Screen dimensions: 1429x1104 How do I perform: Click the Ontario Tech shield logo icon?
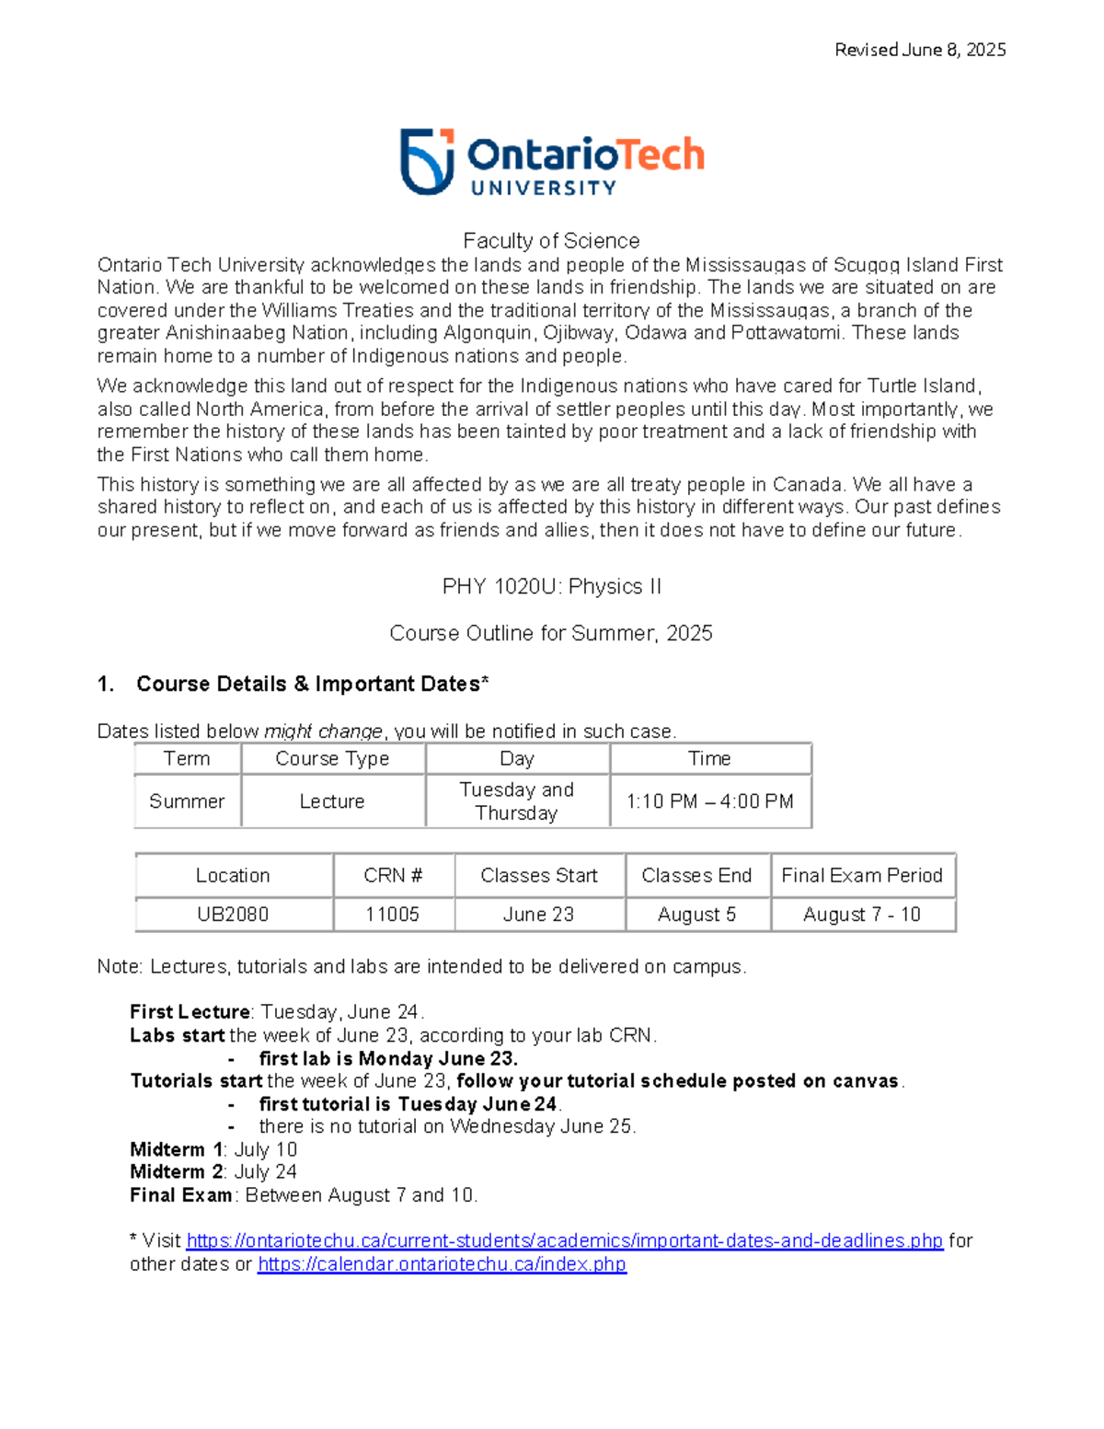pos(427,162)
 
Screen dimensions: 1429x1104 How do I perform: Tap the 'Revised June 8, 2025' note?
pos(919,50)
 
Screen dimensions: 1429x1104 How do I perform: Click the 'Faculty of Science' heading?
pos(551,241)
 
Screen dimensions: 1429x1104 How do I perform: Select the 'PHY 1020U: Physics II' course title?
pos(551,587)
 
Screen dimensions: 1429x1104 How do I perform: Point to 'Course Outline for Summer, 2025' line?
pos(551,633)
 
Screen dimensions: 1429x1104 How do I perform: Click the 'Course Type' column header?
pos(332,759)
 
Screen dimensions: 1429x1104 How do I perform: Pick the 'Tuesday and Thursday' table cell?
pos(516,801)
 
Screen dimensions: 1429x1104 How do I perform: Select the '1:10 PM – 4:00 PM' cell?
pos(709,801)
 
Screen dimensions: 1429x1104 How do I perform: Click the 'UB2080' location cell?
pos(233,915)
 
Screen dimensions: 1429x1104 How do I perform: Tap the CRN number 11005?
pos(392,915)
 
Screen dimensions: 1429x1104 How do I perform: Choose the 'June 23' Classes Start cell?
pos(538,915)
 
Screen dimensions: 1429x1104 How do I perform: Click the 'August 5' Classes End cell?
pos(696,915)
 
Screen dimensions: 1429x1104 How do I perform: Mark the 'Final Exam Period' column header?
pos(862,876)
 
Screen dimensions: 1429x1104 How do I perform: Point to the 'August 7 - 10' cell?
pos(862,915)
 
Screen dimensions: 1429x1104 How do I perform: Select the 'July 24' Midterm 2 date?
pos(266,1172)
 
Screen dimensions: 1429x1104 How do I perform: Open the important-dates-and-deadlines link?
pos(564,1241)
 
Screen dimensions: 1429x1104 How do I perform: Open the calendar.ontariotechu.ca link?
pos(442,1264)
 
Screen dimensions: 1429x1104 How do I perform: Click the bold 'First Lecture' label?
pos(190,1012)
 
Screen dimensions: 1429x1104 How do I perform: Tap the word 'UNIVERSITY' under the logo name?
pos(543,188)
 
